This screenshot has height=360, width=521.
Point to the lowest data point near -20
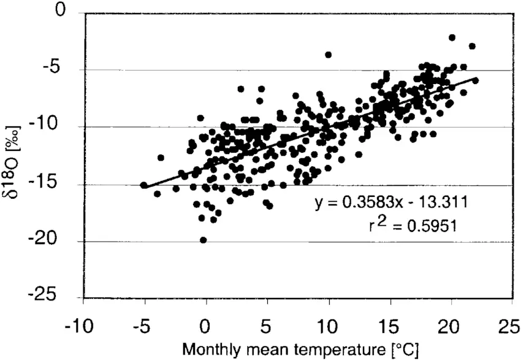tap(203, 240)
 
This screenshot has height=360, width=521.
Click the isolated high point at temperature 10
tap(328, 55)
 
